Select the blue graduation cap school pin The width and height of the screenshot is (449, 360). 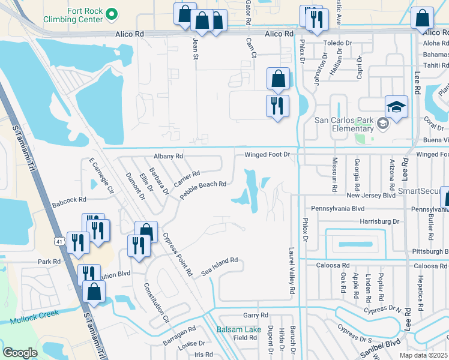pos(396,107)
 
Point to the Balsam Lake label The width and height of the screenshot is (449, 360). pos(239,329)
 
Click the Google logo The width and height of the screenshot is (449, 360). pos(20,353)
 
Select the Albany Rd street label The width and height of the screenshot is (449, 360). pos(168,156)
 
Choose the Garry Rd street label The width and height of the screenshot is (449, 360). pos(255,315)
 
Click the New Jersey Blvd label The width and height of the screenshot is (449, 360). pos(371,196)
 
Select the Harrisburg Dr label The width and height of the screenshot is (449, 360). pos(379,221)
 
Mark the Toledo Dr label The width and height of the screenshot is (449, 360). pos(337,44)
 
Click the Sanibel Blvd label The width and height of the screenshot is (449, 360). pos(384,345)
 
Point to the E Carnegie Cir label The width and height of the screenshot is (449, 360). pos(101,175)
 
